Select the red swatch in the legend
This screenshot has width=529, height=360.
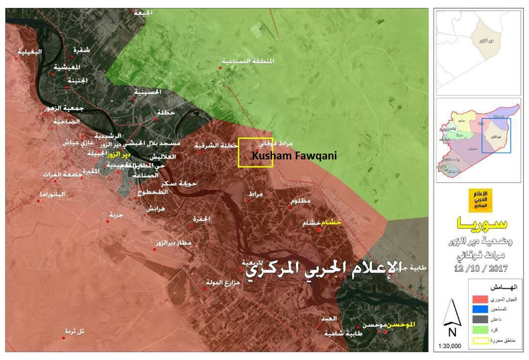(x=481, y=299)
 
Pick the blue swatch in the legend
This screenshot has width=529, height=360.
(x=481, y=310)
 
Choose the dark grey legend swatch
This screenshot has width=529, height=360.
(x=481, y=320)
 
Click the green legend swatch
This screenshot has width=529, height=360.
(x=481, y=331)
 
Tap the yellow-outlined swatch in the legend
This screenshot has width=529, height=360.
(x=481, y=341)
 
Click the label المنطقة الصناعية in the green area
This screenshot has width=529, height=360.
(x=248, y=61)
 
